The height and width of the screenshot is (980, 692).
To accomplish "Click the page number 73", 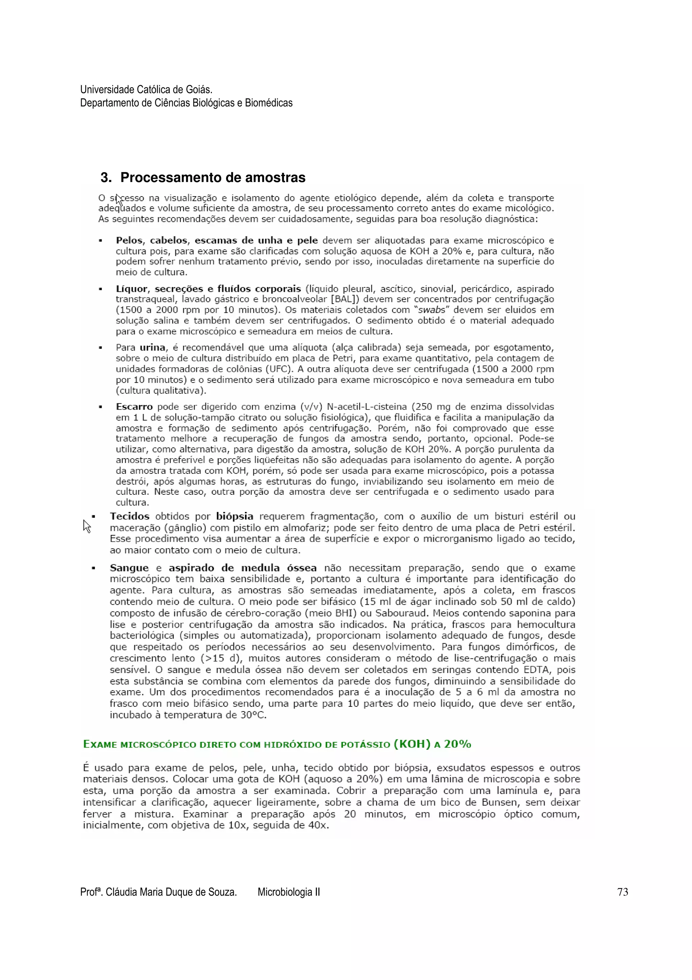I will (622, 892).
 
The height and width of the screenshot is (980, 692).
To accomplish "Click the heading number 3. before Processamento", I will (106, 178).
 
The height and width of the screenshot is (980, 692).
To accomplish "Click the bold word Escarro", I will (134, 407).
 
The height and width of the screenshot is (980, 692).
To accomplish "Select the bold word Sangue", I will (129, 568).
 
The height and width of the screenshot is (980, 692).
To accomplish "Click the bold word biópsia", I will (234, 516).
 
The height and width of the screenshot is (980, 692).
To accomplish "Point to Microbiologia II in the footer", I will (289, 892).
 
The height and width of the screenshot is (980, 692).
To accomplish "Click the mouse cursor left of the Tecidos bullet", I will (86, 526).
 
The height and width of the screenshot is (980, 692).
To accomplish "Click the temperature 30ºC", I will (253, 715).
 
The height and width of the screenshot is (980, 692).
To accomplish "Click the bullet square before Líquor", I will (100, 289).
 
